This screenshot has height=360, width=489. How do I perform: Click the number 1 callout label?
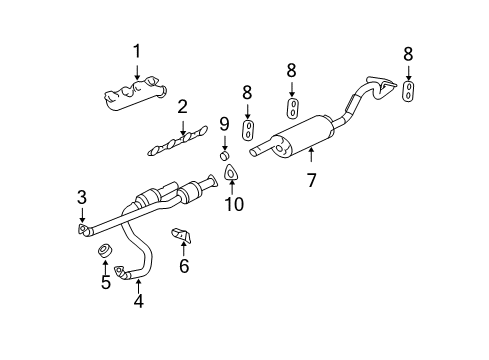tap(137, 51)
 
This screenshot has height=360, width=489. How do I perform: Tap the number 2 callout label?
tap(182, 107)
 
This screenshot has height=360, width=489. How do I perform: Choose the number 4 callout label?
tap(138, 299)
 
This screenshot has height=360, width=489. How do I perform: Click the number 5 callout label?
tap(105, 282)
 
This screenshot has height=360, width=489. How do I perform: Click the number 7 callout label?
tap(311, 181)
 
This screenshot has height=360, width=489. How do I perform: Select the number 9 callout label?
tap(225, 125)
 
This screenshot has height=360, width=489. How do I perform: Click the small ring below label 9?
tap(225, 155)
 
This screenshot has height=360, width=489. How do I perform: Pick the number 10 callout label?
tap(234, 205)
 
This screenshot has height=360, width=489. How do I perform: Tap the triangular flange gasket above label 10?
tap(233, 175)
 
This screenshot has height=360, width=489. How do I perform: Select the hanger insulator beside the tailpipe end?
tap(409, 92)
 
